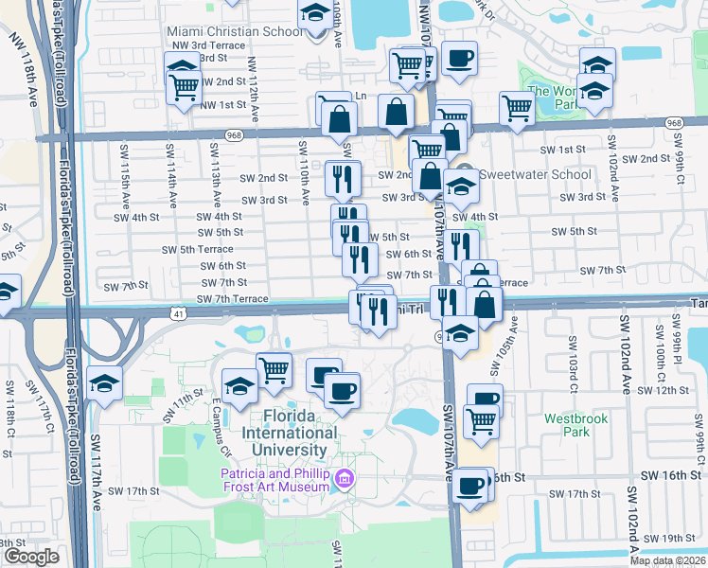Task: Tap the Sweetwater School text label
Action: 535,174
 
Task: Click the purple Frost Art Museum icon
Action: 346,480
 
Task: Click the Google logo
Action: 30,557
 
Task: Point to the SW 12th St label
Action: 669,390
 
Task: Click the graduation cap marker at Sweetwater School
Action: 461,186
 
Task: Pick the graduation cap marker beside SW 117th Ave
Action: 104,383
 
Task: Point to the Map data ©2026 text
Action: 667,560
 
